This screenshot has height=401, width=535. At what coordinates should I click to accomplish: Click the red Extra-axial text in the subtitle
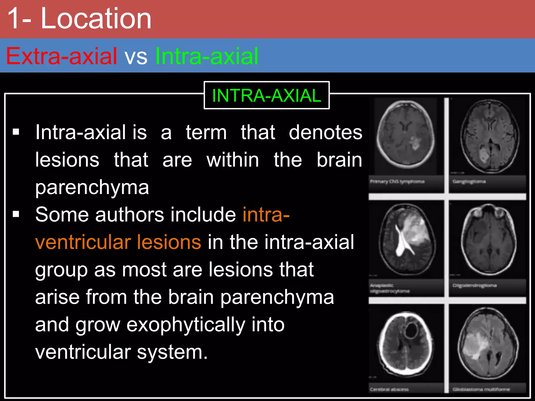(61, 56)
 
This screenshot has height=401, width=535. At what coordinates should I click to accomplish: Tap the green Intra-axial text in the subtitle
(206, 56)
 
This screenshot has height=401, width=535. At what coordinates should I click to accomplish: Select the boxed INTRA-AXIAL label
(266, 96)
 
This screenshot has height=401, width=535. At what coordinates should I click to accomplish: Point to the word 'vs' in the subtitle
(136, 57)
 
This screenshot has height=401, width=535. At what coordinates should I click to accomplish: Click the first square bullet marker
(16, 132)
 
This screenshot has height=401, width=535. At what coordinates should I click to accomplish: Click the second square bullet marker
(16, 214)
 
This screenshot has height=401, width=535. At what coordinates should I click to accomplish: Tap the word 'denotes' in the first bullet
(325, 132)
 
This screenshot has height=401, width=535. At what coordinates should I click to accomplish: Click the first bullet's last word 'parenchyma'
(92, 187)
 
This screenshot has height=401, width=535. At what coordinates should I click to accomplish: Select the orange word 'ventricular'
(83, 242)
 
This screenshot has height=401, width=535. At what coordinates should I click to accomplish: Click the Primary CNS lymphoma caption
(397, 181)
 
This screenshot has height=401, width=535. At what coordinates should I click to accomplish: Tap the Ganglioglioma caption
(469, 181)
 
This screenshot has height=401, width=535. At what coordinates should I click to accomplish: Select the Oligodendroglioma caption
(474, 286)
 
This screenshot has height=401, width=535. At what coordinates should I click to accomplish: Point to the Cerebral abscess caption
(389, 389)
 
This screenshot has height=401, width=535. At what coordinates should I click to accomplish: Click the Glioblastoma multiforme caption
(481, 389)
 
